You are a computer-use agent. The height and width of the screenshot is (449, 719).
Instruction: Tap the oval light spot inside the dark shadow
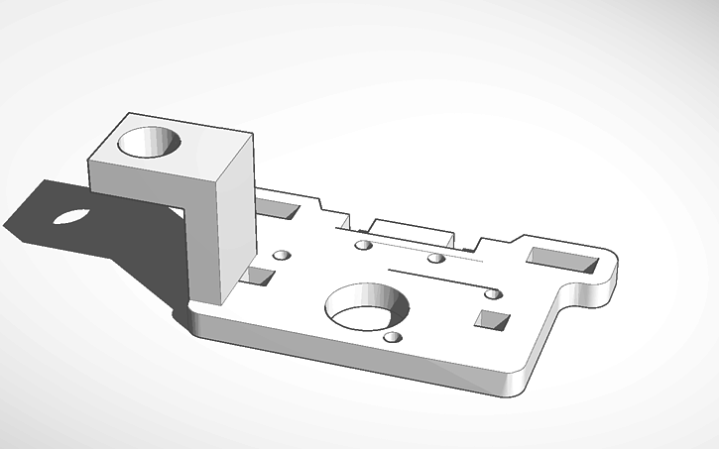70,215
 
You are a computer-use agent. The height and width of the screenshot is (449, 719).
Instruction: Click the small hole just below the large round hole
393,337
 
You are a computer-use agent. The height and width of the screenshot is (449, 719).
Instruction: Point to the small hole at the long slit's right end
493,292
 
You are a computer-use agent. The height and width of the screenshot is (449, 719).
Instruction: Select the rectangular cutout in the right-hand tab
561,259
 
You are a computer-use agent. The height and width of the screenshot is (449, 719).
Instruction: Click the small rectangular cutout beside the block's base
260,277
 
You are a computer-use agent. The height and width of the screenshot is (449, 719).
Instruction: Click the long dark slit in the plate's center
436,279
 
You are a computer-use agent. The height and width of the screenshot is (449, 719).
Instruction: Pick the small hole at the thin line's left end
363,244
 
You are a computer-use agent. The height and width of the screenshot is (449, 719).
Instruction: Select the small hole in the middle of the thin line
435,259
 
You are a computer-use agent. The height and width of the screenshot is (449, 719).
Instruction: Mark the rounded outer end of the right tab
616,270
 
